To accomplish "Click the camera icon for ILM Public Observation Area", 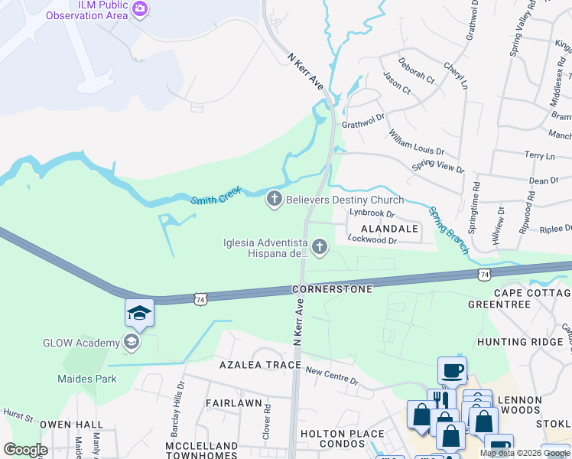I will (x=140, y=8).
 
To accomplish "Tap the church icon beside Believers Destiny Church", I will (x=274, y=200).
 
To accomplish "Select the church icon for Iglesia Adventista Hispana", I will (x=320, y=246).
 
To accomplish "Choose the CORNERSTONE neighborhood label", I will (x=332, y=290).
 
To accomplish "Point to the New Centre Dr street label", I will (x=331, y=376).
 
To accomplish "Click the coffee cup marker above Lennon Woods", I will (x=451, y=371).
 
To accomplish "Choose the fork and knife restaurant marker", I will (x=440, y=401).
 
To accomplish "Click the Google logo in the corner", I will (x=25, y=449).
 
